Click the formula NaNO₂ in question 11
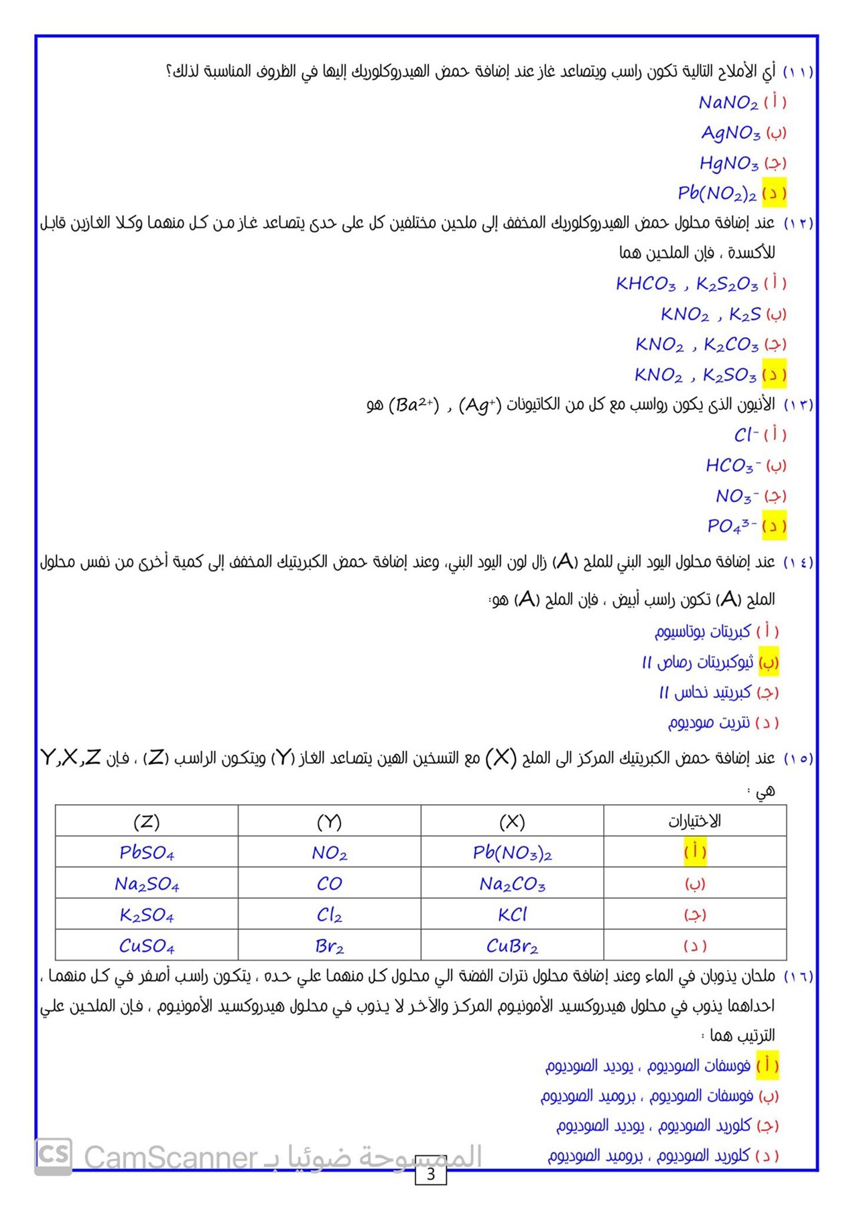(728, 103)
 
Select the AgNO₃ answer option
(730, 133)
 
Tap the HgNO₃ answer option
(729, 163)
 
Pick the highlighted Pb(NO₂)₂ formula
(717, 194)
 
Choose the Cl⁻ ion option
(746, 435)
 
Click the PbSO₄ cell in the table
(147, 853)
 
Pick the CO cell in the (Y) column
(329, 884)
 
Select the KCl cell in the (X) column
(512, 915)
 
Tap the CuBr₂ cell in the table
(512, 946)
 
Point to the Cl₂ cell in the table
(329, 915)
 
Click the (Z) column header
(147, 821)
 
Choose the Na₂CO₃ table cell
(512, 884)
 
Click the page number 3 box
(431, 1174)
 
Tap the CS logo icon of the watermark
(53, 1154)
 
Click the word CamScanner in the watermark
(171, 1157)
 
